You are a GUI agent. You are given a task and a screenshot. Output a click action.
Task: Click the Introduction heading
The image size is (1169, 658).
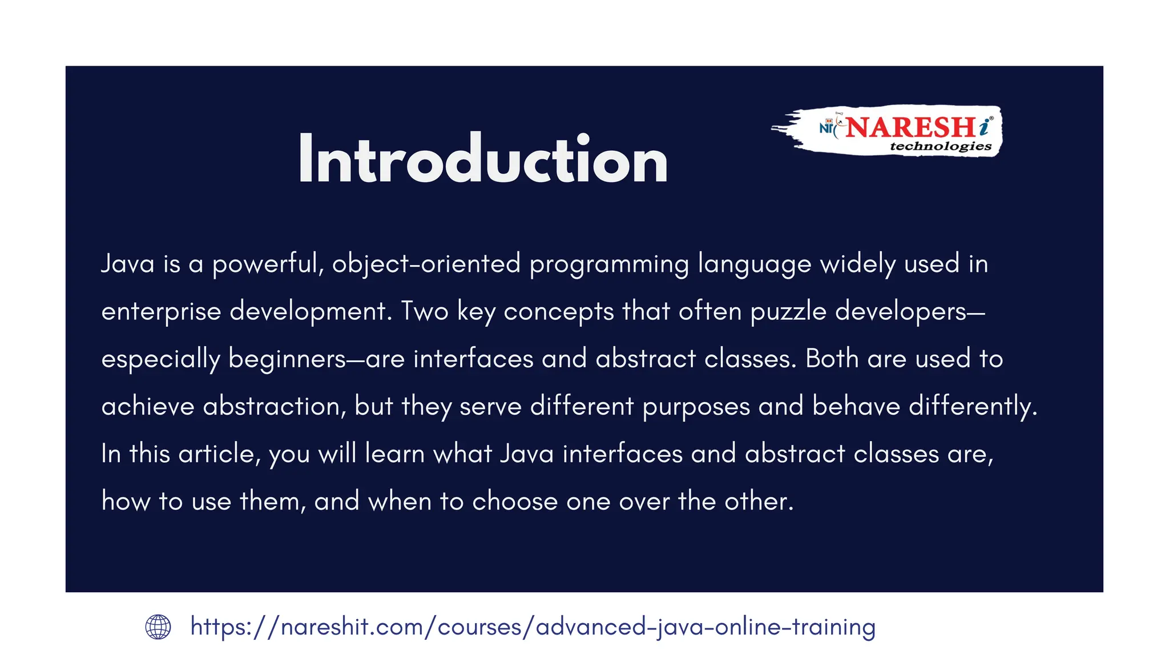coord(482,160)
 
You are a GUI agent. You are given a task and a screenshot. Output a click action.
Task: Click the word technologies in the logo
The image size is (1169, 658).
coord(940,146)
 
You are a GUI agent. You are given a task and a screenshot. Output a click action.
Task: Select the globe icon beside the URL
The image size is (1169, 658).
coord(158,627)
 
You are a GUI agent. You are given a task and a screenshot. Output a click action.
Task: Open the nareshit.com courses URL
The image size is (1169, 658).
coord(533,627)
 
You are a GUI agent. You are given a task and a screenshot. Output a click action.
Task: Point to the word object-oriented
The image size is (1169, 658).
coord(426,264)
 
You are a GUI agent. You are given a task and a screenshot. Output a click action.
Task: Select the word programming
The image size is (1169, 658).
coord(609,264)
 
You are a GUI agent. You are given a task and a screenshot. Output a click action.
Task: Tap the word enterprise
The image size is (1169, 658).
coord(161,312)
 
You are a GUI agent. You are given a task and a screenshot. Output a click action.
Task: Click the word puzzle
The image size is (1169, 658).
coord(788,312)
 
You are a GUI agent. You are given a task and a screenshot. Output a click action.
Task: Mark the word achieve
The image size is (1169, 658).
coord(148,407)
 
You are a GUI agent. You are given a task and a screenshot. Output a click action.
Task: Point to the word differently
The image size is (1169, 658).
coord(972,407)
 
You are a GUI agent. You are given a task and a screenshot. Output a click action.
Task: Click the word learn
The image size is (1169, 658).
coord(394,454)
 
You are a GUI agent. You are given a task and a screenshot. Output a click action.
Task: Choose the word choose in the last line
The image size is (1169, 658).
coord(514,501)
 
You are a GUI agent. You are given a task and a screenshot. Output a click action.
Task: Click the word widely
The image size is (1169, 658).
coord(857,264)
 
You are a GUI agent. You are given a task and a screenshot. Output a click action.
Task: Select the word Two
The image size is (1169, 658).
coord(425,312)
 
